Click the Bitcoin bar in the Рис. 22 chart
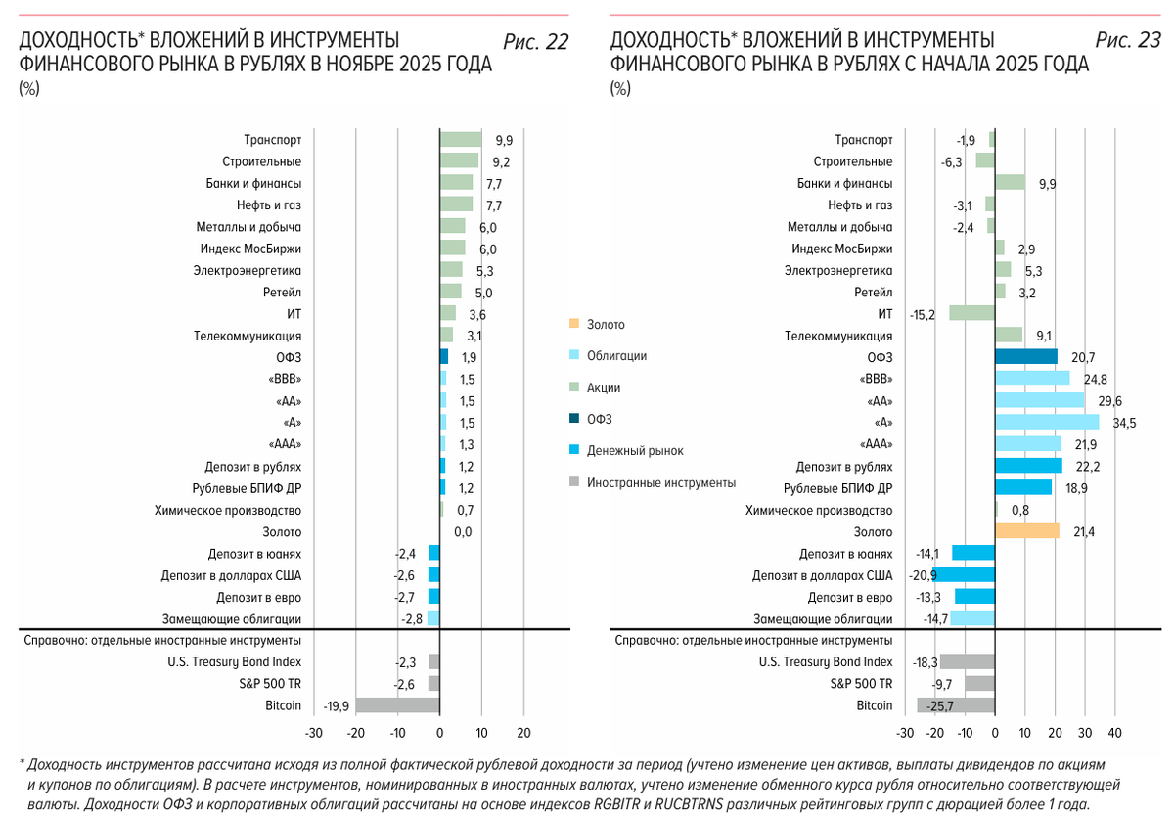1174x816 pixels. (397, 705)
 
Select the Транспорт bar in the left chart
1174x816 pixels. (461, 140)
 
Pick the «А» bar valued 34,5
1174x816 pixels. (1046, 423)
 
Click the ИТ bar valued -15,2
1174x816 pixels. (971, 313)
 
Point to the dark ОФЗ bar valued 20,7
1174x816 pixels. (1025, 357)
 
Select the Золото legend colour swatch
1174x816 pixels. (574, 324)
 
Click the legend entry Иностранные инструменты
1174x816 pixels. (661, 482)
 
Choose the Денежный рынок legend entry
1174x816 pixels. (635, 451)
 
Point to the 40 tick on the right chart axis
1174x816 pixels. (1113, 733)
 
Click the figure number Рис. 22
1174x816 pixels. (535, 41)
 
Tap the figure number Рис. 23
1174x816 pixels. (1128, 41)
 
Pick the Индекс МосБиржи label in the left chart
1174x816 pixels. (250, 249)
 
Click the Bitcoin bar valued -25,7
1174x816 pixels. (956, 705)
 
